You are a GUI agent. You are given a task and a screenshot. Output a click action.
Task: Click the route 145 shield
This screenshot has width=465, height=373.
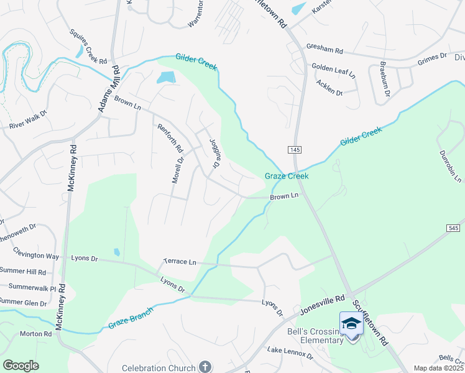click(x=294, y=150)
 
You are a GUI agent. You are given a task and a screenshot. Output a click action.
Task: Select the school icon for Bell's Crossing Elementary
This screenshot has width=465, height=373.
click(x=351, y=323)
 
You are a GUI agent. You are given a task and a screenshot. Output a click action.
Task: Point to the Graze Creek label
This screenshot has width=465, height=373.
click(x=287, y=177)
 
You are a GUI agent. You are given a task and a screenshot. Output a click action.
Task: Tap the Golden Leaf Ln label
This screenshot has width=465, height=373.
click(x=333, y=70)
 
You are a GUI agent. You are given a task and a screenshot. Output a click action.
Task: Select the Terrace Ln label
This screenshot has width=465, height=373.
click(x=180, y=262)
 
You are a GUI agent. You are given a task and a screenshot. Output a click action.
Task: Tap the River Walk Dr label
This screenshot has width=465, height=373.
click(x=28, y=121)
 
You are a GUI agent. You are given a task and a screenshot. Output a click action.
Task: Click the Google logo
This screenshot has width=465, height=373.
click(x=21, y=366)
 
